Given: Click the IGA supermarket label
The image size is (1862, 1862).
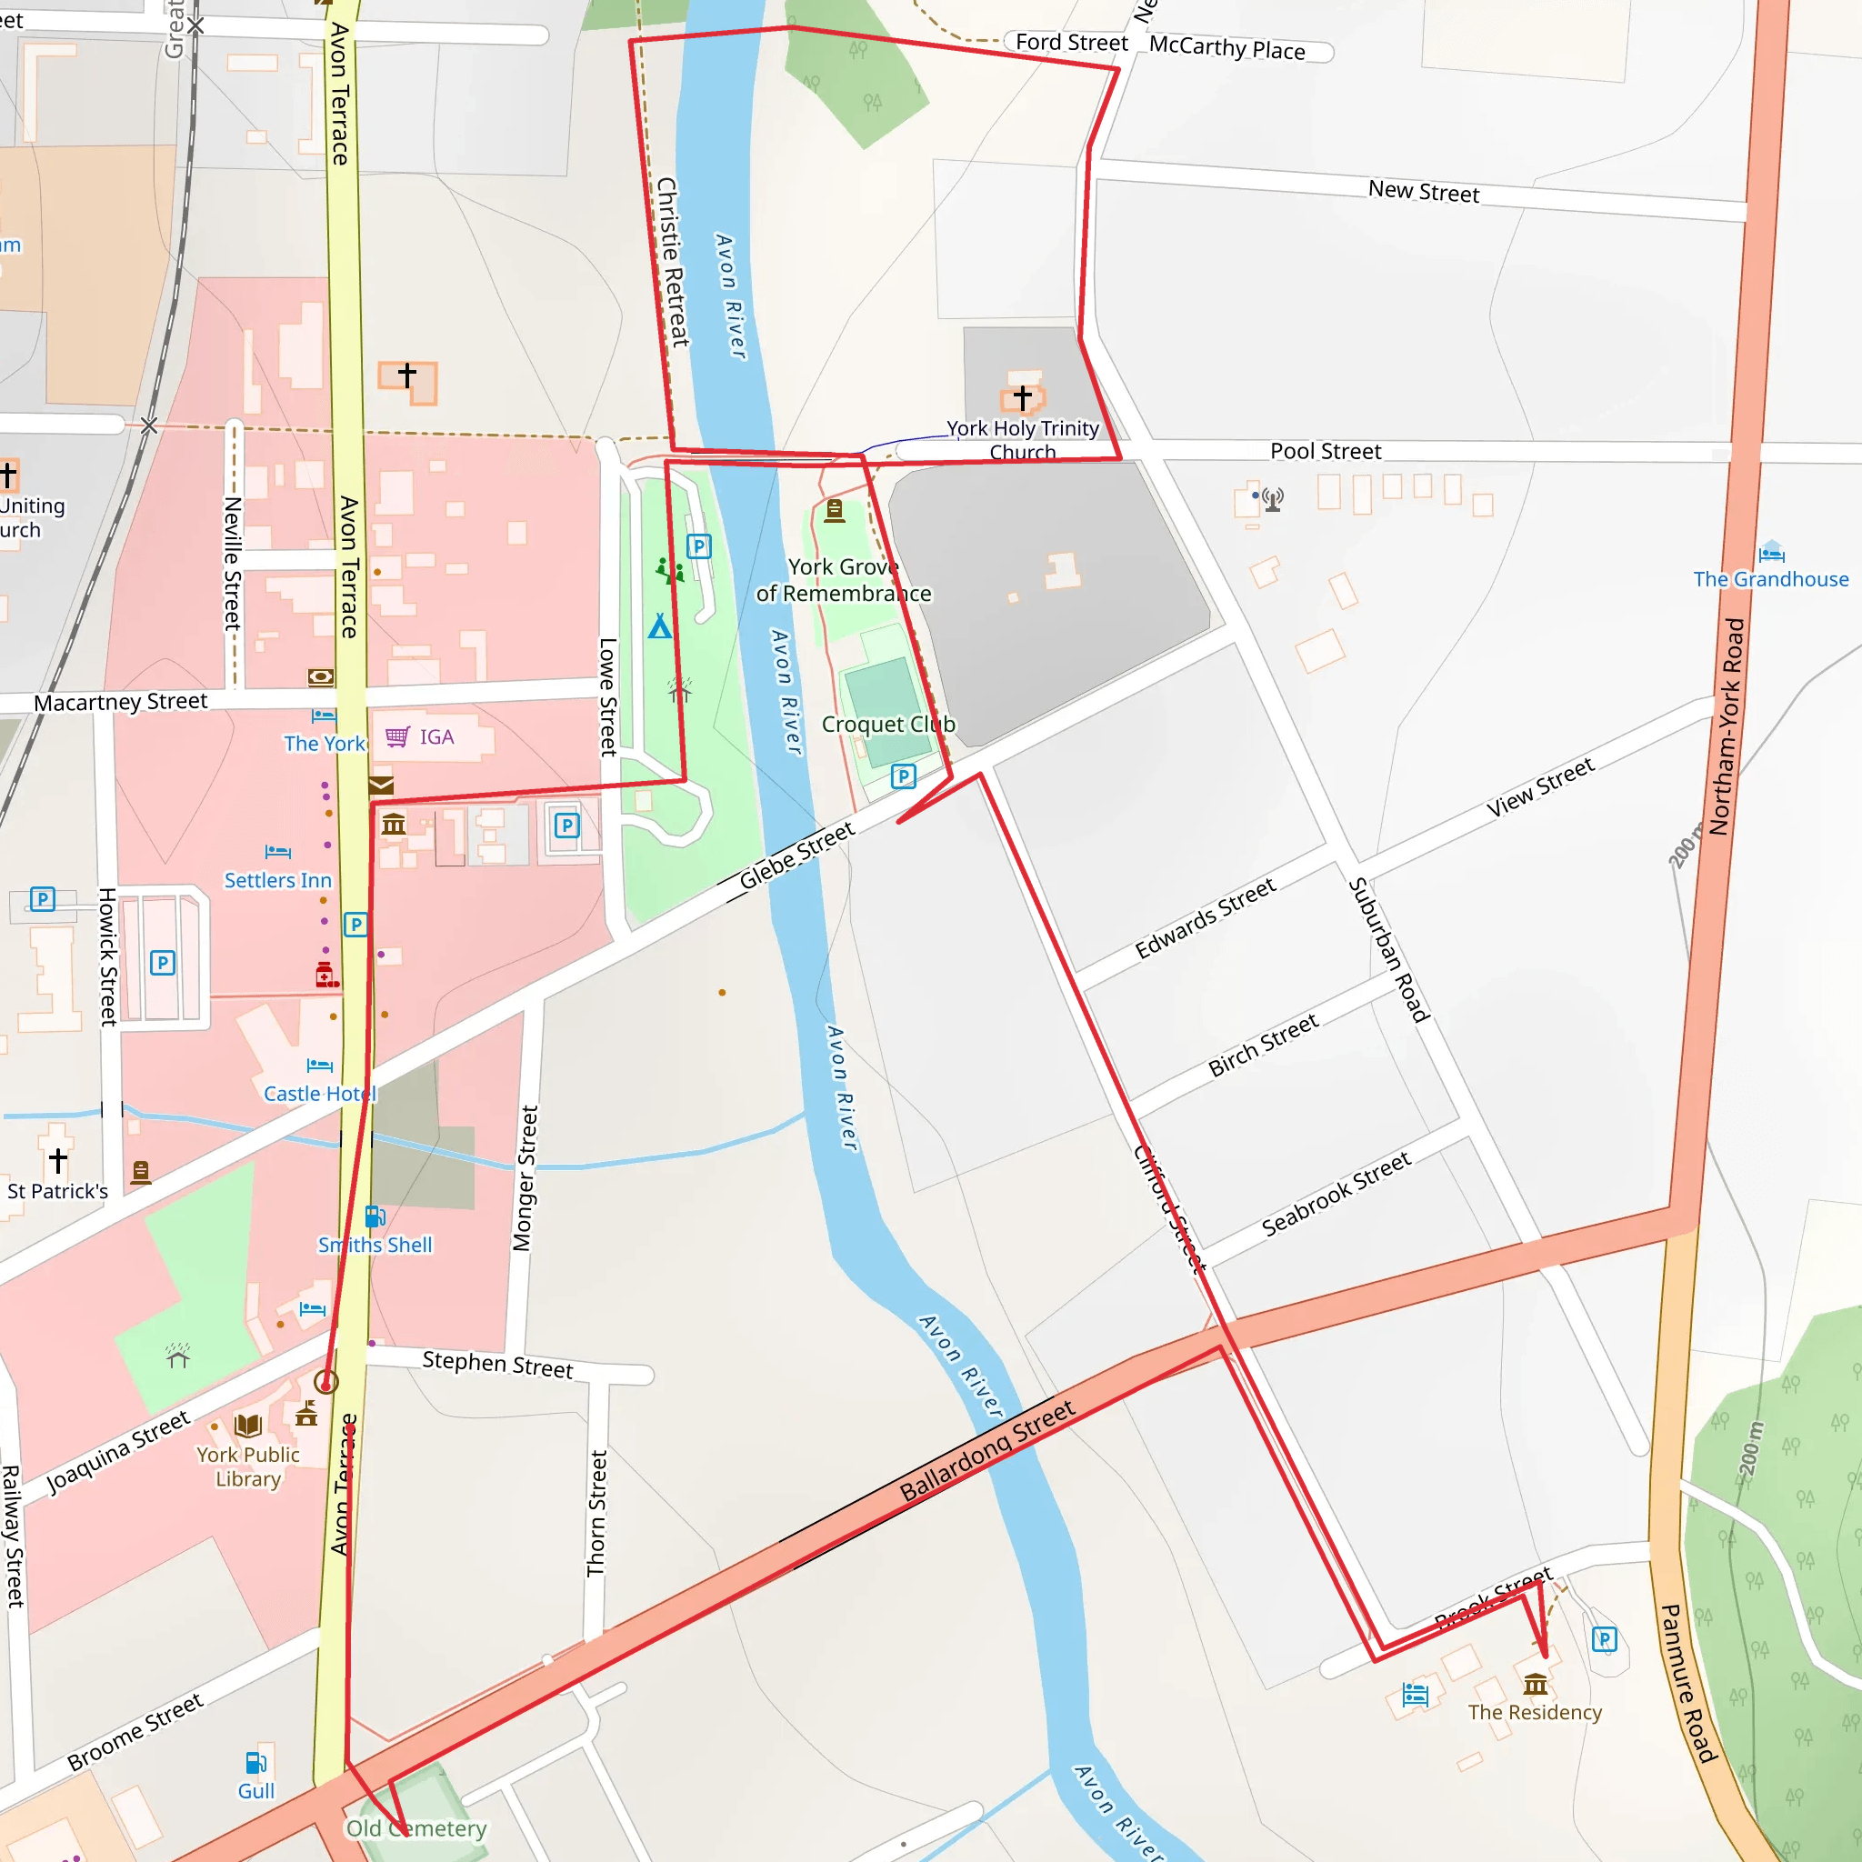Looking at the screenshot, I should (x=435, y=737).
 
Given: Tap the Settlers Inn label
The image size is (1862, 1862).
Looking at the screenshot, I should (x=277, y=880).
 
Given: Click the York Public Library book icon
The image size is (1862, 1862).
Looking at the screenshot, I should (x=247, y=1426).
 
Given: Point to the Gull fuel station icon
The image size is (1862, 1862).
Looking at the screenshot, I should (x=255, y=1763).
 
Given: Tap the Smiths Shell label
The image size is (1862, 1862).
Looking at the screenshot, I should (x=375, y=1246).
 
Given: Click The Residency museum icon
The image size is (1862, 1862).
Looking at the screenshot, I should (x=1536, y=1684).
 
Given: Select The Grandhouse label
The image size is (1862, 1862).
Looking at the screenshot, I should (x=1770, y=579).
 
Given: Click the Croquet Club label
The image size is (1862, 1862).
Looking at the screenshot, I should (x=887, y=725).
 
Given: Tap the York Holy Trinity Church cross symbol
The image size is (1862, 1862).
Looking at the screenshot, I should (x=1023, y=396).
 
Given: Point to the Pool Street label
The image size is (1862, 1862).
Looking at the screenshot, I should (x=1326, y=451).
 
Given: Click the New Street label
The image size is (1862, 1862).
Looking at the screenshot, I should (x=1424, y=192).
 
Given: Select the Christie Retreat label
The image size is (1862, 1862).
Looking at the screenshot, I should (x=672, y=261).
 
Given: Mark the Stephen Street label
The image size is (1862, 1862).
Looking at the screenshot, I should (x=497, y=1364).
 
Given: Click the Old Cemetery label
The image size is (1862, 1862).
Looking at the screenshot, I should (x=416, y=1828).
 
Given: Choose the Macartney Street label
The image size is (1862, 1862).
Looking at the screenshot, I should (x=121, y=703).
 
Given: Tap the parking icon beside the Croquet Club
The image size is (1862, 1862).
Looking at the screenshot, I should (x=903, y=776).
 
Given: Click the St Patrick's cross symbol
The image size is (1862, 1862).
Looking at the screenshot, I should (x=58, y=1160).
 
